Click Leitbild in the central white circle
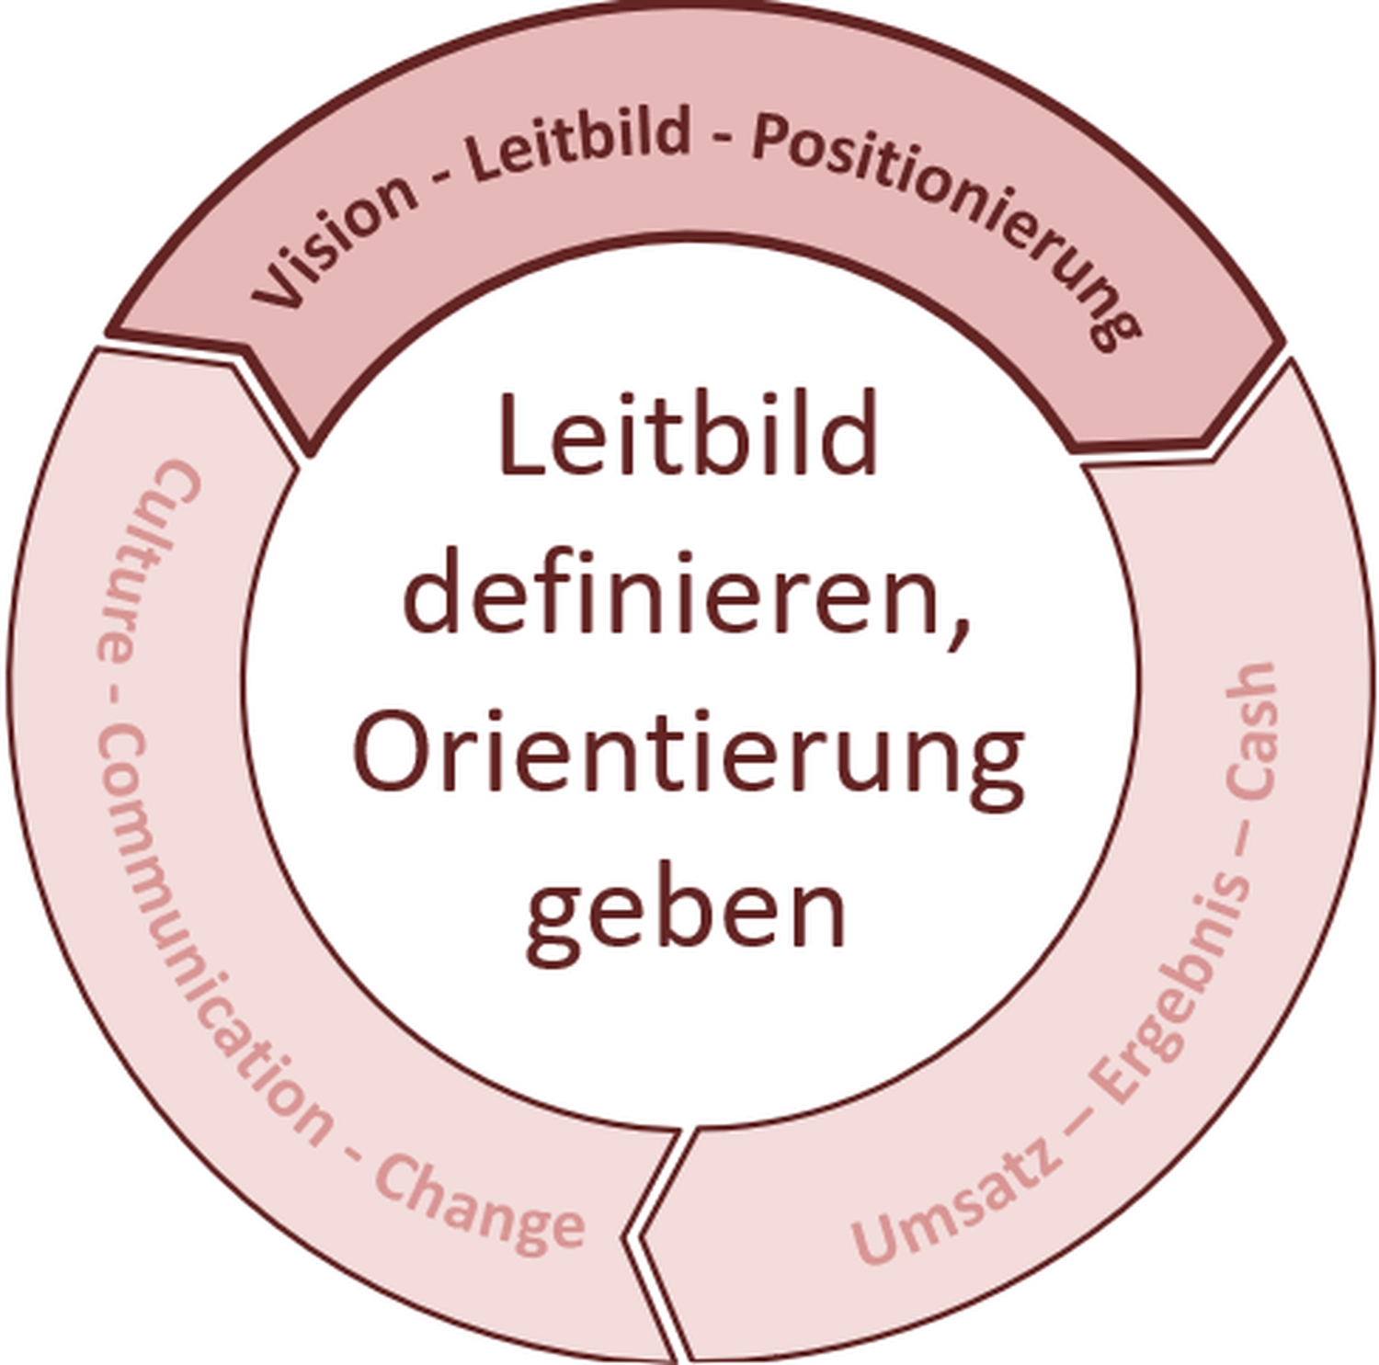coord(688,432)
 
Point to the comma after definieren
coord(961,634)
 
